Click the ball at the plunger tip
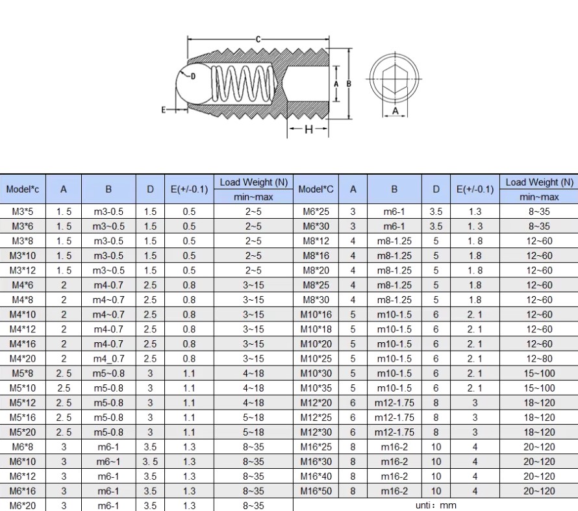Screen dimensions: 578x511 (x=192, y=84)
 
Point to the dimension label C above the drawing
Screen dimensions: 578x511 (x=258, y=39)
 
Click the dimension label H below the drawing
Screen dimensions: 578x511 (x=308, y=129)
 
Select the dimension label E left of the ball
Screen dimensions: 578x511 (x=164, y=110)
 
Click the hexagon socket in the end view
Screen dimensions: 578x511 (x=395, y=79)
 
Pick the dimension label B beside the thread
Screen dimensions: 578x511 (x=349, y=84)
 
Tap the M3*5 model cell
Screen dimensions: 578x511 (x=23, y=212)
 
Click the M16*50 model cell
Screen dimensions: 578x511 (x=316, y=491)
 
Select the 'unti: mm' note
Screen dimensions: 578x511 (x=436, y=505)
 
